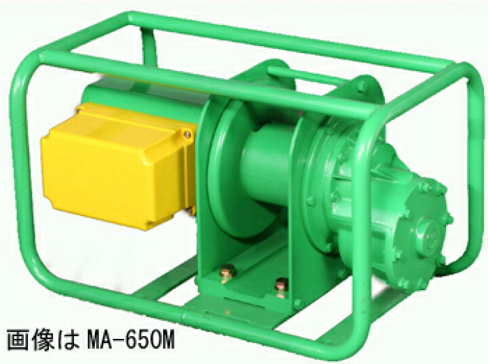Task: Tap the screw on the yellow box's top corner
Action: (187, 134)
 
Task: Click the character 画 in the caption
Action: (16, 341)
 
